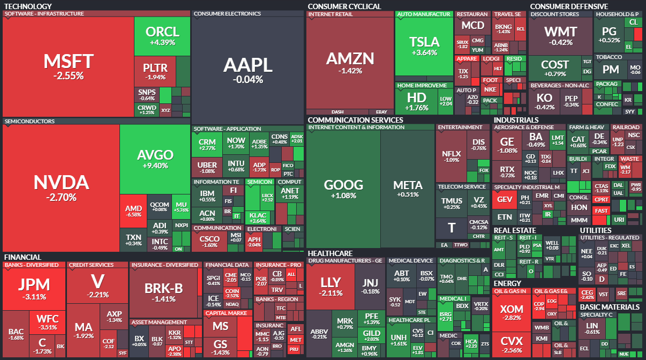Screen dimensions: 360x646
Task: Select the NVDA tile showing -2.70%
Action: [x=61, y=187]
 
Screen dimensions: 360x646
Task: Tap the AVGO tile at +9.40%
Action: [x=155, y=159]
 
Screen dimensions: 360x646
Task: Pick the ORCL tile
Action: [x=162, y=35]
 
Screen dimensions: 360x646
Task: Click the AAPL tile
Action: [x=247, y=70]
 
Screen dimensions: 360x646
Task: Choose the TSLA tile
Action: [x=424, y=46]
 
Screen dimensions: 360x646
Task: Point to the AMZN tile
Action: [x=350, y=62]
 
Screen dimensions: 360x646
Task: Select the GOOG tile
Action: [x=343, y=189]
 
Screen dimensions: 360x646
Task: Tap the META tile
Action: [x=408, y=189]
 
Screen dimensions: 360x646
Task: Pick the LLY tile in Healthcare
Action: [x=330, y=287]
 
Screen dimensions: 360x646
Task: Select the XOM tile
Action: [x=511, y=313]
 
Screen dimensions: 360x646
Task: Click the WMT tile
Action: [x=560, y=35]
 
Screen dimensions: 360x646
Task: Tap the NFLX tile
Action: [x=450, y=156]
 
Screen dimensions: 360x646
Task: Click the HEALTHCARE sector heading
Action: [x=330, y=253]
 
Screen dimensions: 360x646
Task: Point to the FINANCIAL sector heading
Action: [x=22, y=257]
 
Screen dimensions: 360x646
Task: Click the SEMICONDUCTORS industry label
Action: [x=29, y=122]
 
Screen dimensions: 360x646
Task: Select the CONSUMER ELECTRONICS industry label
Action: [x=227, y=13]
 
